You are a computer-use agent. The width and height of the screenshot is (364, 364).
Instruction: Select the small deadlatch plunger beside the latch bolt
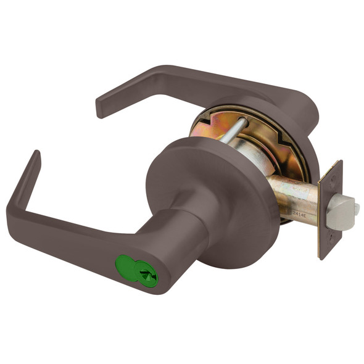pos(356,210)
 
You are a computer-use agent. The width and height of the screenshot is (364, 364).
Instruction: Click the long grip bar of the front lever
pos(68,238)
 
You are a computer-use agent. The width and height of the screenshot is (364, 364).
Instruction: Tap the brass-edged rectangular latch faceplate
pos(330,210)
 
